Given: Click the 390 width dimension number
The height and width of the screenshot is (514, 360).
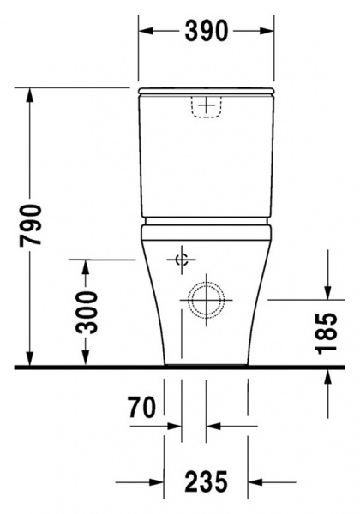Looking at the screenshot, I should click(x=206, y=32).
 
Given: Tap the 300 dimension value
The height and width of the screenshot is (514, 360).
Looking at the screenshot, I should click(x=87, y=312).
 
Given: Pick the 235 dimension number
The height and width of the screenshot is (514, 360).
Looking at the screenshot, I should click(x=206, y=481).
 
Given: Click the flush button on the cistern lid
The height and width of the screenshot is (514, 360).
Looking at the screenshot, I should click(x=206, y=106).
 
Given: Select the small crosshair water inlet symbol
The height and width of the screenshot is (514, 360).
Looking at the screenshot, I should click(x=181, y=260).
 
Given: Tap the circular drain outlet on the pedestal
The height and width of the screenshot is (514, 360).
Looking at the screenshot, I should click(x=206, y=299).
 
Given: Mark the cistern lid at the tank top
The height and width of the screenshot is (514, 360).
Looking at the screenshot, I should click(x=206, y=89).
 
